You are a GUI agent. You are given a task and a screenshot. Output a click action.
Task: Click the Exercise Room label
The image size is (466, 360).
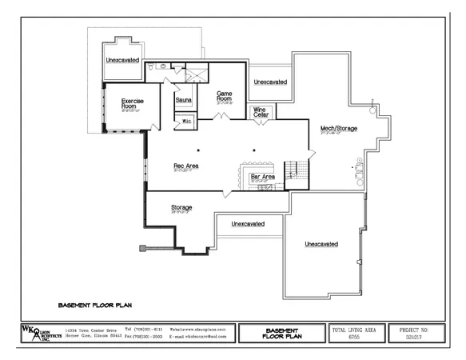(133, 103)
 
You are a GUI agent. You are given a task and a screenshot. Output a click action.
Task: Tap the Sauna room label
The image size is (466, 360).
(183, 100)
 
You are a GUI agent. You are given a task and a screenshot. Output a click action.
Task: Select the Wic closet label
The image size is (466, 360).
(186, 121)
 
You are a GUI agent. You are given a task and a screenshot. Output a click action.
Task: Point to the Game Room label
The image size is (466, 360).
(225, 95)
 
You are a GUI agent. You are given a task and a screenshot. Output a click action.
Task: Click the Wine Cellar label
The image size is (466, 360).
(261, 113)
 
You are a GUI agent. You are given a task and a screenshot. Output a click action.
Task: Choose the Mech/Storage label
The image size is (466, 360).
(338, 128)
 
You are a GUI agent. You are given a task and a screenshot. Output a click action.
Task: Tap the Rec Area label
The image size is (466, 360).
(186, 166)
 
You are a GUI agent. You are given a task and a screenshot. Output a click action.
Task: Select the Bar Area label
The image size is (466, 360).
(263, 176)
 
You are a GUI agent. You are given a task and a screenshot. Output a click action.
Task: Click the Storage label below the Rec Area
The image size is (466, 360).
(181, 208)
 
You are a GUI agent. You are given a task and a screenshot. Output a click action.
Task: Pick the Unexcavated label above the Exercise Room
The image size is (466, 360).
(122, 60)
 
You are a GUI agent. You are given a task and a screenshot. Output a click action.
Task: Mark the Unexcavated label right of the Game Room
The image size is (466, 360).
(270, 82)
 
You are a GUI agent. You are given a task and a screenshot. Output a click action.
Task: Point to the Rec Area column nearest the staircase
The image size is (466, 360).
(254, 150)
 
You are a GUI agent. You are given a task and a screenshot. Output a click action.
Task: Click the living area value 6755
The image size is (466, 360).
(353, 337)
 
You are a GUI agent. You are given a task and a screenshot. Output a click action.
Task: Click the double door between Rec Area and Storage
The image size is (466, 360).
(229, 193)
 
